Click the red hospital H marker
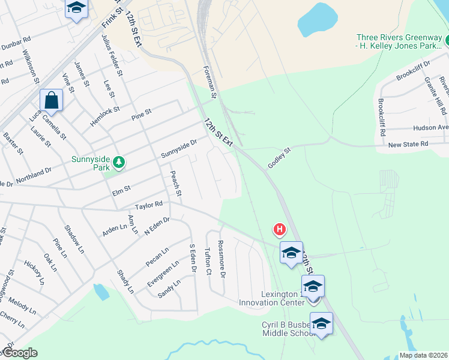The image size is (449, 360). tap(279, 229)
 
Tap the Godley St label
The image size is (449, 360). tap(279, 159)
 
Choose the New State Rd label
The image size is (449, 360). tap(408, 145)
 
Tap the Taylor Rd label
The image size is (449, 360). tap(149, 205)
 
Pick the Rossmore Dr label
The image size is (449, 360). tap(221, 259)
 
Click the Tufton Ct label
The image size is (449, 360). tap(208, 262)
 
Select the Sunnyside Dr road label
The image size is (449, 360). tap(179, 149)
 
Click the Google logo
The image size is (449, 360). tap(20, 353)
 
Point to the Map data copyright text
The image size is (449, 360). tap(424, 355)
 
